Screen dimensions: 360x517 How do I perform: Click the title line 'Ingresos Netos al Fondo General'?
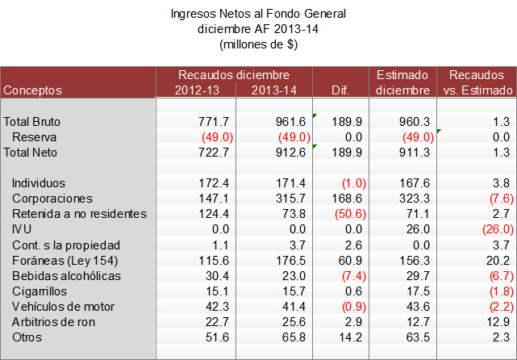pos(258,15)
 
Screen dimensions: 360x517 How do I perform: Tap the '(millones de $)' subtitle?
pos(258,45)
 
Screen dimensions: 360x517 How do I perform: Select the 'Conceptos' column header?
pos(33,90)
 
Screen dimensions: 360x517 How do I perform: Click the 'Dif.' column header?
pos(344,90)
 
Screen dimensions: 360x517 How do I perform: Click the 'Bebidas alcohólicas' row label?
pos(67,275)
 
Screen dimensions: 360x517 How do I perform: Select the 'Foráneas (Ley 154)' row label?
pos(65,260)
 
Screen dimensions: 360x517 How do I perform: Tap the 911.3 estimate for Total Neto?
pos(414,152)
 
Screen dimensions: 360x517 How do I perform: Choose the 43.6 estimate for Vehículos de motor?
pos(417,306)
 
